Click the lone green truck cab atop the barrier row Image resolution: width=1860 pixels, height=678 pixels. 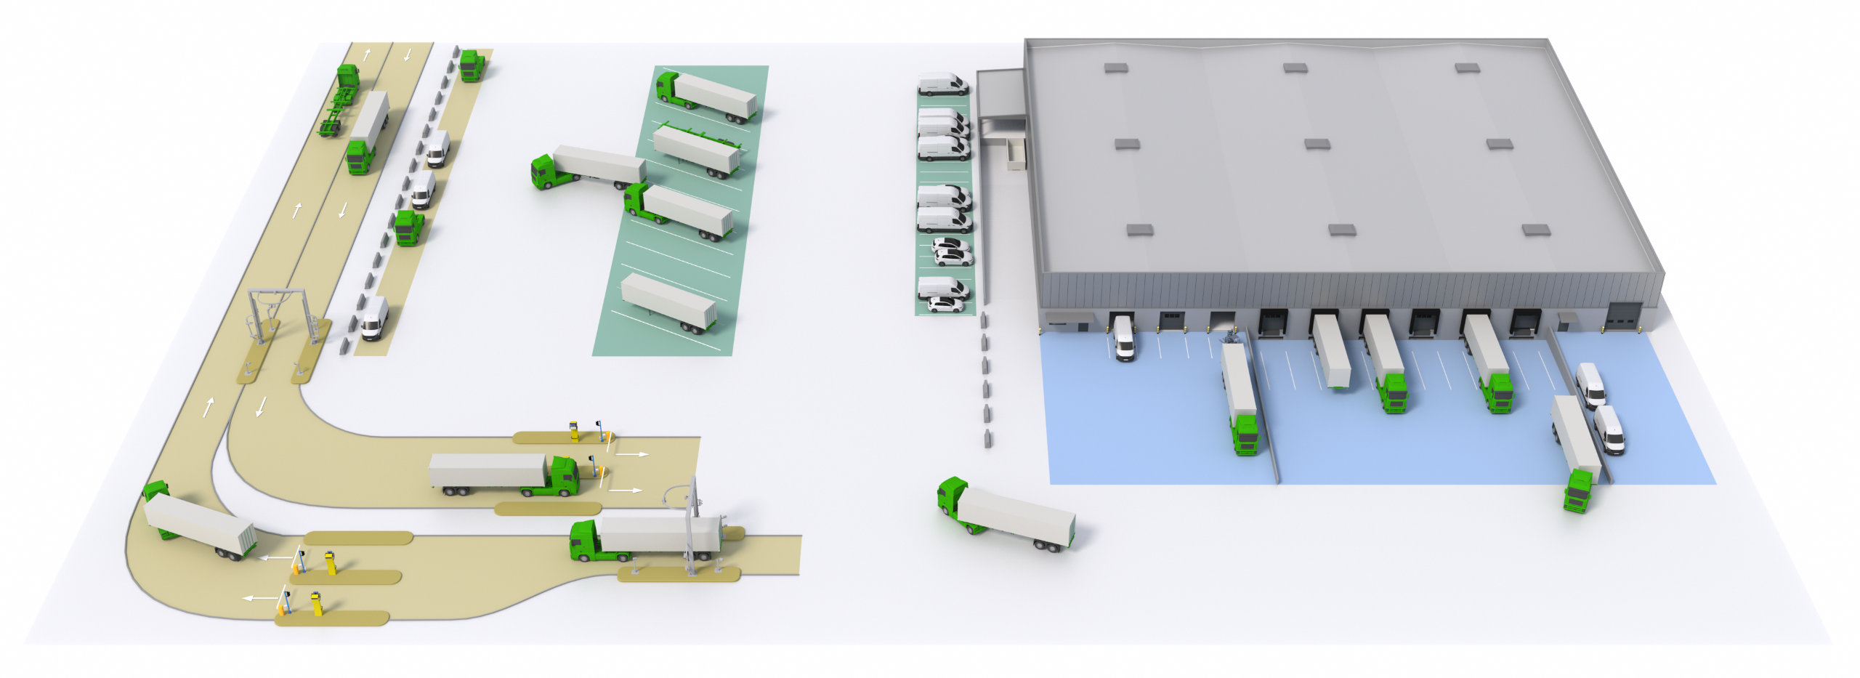pyautogui.click(x=472, y=65)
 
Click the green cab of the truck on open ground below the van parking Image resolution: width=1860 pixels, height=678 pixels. pyautogui.click(x=952, y=498)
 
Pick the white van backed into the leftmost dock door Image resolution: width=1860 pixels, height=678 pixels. pyautogui.click(x=1124, y=339)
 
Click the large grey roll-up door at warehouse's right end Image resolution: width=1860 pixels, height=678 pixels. pyautogui.click(x=1622, y=316)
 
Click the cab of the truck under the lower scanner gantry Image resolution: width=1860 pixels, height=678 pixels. pyautogui.click(x=586, y=541)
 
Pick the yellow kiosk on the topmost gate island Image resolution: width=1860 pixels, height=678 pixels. pyautogui.click(x=574, y=430)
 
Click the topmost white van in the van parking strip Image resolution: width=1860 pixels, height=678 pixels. pyautogui.click(x=942, y=84)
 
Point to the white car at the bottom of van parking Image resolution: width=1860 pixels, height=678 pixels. pyautogui.click(x=945, y=305)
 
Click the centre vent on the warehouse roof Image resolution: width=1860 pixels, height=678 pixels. pyautogui.click(x=1317, y=145)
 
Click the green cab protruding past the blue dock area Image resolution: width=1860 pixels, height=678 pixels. pyautogui.click(x=1577, y=491)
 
